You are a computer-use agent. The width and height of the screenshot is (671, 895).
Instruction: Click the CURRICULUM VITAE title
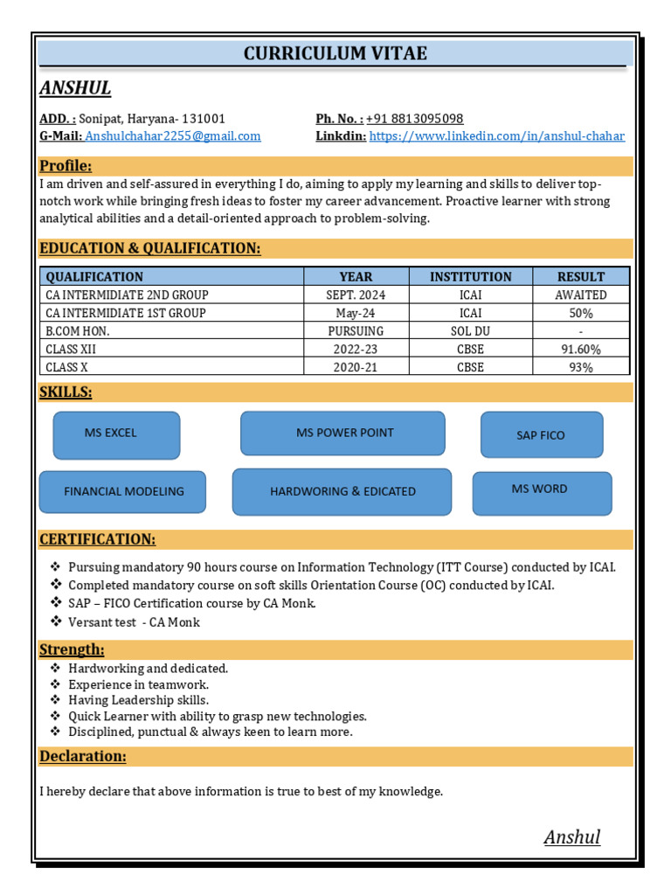pyautogui.click(x=335, y=53)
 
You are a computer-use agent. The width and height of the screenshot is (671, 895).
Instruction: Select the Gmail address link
pyautogui.click(x=173, y=136)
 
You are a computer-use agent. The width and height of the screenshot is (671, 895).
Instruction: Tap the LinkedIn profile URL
pyautogui.click(x=496, y=136)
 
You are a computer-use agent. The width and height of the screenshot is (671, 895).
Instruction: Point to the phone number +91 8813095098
pyautogui.click(x=414, y=119)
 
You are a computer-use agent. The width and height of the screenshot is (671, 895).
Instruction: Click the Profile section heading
pyautogui.click(x=66, y=166)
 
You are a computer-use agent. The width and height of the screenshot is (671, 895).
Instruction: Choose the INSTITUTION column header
pyautogui.click(x=470, y=276)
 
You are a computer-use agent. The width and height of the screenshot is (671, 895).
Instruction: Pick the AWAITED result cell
pyautogui.click(x=580, y=295)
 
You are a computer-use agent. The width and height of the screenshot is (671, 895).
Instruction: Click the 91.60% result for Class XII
pyautogui.click(x=580, y=350)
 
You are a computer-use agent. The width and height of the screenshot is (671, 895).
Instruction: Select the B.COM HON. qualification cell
pyautogui.click(x=78, y=331)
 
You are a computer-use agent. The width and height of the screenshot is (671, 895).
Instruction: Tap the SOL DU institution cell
pyautogui.click(x=470, y=331)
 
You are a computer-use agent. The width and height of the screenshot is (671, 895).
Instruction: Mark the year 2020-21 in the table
pyautogui.click(x=355, y=368)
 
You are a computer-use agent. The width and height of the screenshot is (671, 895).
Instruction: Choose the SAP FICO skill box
pyautogui.click(x=542, y=435)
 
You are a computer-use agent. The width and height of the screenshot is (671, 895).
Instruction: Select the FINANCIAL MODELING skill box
pyautogui.click(x=123, y=492)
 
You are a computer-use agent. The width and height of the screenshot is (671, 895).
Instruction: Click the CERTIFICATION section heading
pyautogui.click(x=98, y=539)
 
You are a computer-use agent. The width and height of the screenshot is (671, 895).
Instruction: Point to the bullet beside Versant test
pyautogui.click(x=56, y=621)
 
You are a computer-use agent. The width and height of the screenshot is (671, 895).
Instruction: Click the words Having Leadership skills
pyautogui.click(x=138, y=700)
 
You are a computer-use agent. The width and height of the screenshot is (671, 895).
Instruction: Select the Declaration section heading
pyautogui.click(x=83, y=756)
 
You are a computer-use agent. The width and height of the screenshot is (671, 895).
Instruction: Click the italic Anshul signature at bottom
pyautogui.click(x=572, y=837)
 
